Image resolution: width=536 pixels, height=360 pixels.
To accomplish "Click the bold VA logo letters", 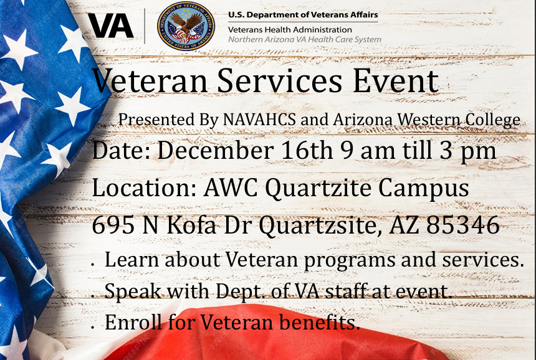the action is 111,26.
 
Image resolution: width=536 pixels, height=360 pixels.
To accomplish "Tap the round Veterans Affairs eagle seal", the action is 186,26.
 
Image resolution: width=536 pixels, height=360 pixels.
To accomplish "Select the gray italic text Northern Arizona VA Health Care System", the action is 305,40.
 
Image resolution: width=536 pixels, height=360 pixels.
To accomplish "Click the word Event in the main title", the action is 396,81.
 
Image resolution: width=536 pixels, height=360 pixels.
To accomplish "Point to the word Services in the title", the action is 279,81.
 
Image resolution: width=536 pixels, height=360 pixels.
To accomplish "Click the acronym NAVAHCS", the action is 259,120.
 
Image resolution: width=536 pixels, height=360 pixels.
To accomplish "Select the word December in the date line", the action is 216,150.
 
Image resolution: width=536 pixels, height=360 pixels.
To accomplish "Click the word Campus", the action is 423,189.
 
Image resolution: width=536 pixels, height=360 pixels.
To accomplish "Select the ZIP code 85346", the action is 463,225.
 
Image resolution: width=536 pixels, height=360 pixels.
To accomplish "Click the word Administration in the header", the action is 322,30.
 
